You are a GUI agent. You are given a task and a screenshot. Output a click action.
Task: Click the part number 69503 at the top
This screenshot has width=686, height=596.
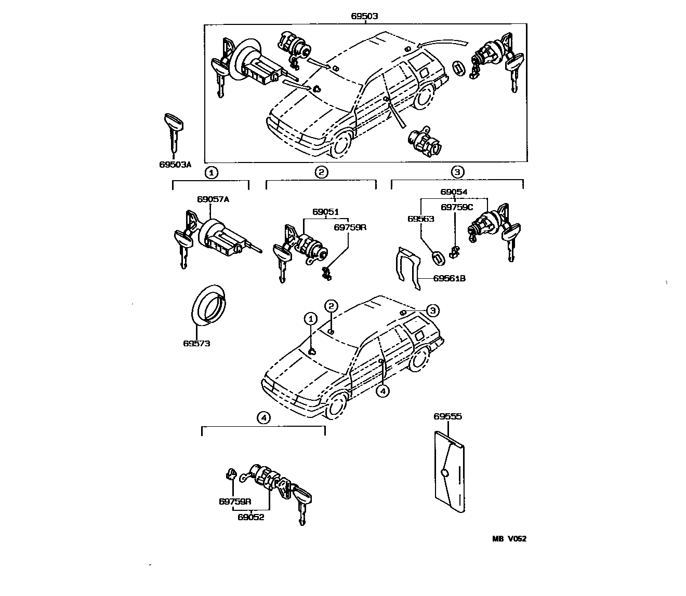click(x=364, y=16)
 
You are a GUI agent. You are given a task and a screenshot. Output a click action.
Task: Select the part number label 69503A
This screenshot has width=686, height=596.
click(x=175, y=165)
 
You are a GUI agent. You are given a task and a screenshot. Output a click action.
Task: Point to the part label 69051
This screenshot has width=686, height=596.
click(x=325, y=212)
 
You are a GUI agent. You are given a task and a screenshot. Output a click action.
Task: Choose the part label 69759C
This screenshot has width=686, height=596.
click(x=457, y=207)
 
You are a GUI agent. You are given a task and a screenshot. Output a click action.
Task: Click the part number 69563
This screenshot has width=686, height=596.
click(x=420, y=219)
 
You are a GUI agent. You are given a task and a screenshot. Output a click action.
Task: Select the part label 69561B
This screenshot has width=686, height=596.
click(x=450, y=279)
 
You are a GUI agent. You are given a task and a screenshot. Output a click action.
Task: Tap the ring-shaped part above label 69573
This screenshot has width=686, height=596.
click(x=208, y=305)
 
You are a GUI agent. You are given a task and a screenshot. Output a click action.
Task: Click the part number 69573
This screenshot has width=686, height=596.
click(x=196, y=343)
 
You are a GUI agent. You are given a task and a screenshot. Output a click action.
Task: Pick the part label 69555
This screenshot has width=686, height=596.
click(x=447, y=416)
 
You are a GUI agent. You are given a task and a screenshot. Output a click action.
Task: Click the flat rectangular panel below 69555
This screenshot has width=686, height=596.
click(x=448, y=472)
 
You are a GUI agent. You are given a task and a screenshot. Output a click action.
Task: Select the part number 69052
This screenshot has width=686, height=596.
click(x=251, y=517)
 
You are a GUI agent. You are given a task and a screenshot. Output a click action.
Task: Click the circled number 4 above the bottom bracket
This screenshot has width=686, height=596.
click(x=264, y=417)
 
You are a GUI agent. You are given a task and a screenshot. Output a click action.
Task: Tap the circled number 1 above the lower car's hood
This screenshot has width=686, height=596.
click(x=310, y=318)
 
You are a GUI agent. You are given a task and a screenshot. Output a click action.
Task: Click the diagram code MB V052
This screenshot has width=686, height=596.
click(x=509, y=539)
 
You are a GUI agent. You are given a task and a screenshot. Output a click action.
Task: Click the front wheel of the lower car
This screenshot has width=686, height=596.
click(x=337, y=406)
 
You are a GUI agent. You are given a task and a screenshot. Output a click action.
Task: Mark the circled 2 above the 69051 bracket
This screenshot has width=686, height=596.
click(x=321, y=172)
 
